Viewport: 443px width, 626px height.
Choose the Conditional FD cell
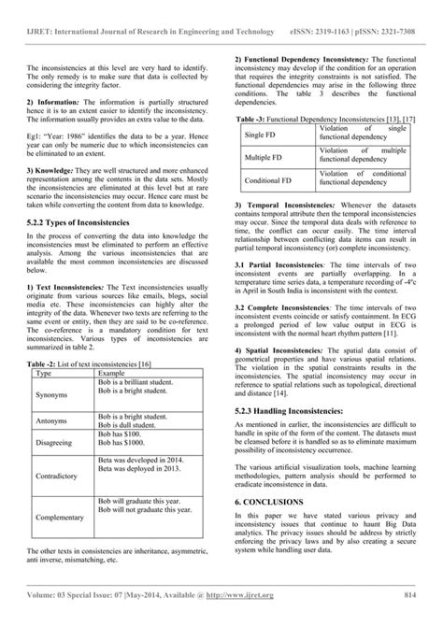[267, 178]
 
